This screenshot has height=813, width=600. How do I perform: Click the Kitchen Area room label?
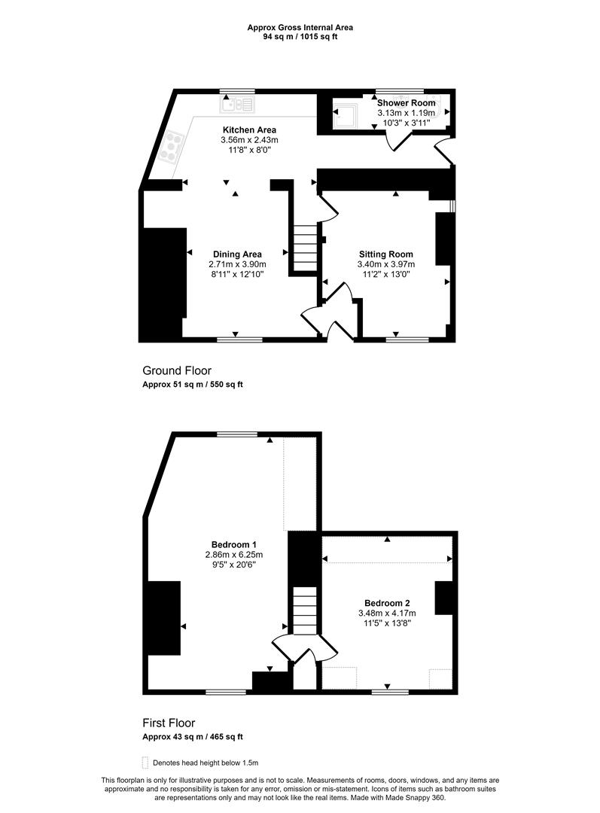point(249,129)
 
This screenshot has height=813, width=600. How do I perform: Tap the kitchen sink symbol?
point(237,104)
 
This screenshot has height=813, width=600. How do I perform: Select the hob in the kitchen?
point(173,146)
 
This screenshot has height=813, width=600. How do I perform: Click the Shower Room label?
point(406,102)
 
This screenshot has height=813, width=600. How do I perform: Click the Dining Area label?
point(237,254)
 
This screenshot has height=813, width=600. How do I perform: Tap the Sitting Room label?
point(386,254)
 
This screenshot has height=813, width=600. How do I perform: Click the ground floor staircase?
point(306,248)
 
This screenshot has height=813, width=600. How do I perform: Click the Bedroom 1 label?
point(234,544)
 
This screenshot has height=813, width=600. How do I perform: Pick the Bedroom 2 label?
point(387,603)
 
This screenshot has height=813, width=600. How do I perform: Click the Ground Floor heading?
point(177,370)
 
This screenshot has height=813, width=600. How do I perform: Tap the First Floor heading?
point(169,723)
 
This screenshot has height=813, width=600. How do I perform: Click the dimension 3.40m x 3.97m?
point(386,264)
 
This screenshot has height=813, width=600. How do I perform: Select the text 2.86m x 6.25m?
point(234,554)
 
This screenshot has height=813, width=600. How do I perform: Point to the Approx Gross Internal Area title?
point(300,28)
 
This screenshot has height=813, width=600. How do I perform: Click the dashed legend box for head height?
point(145,763)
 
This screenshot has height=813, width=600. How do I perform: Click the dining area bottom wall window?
point(239,340)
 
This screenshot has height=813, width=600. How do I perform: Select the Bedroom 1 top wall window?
point(237,434)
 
